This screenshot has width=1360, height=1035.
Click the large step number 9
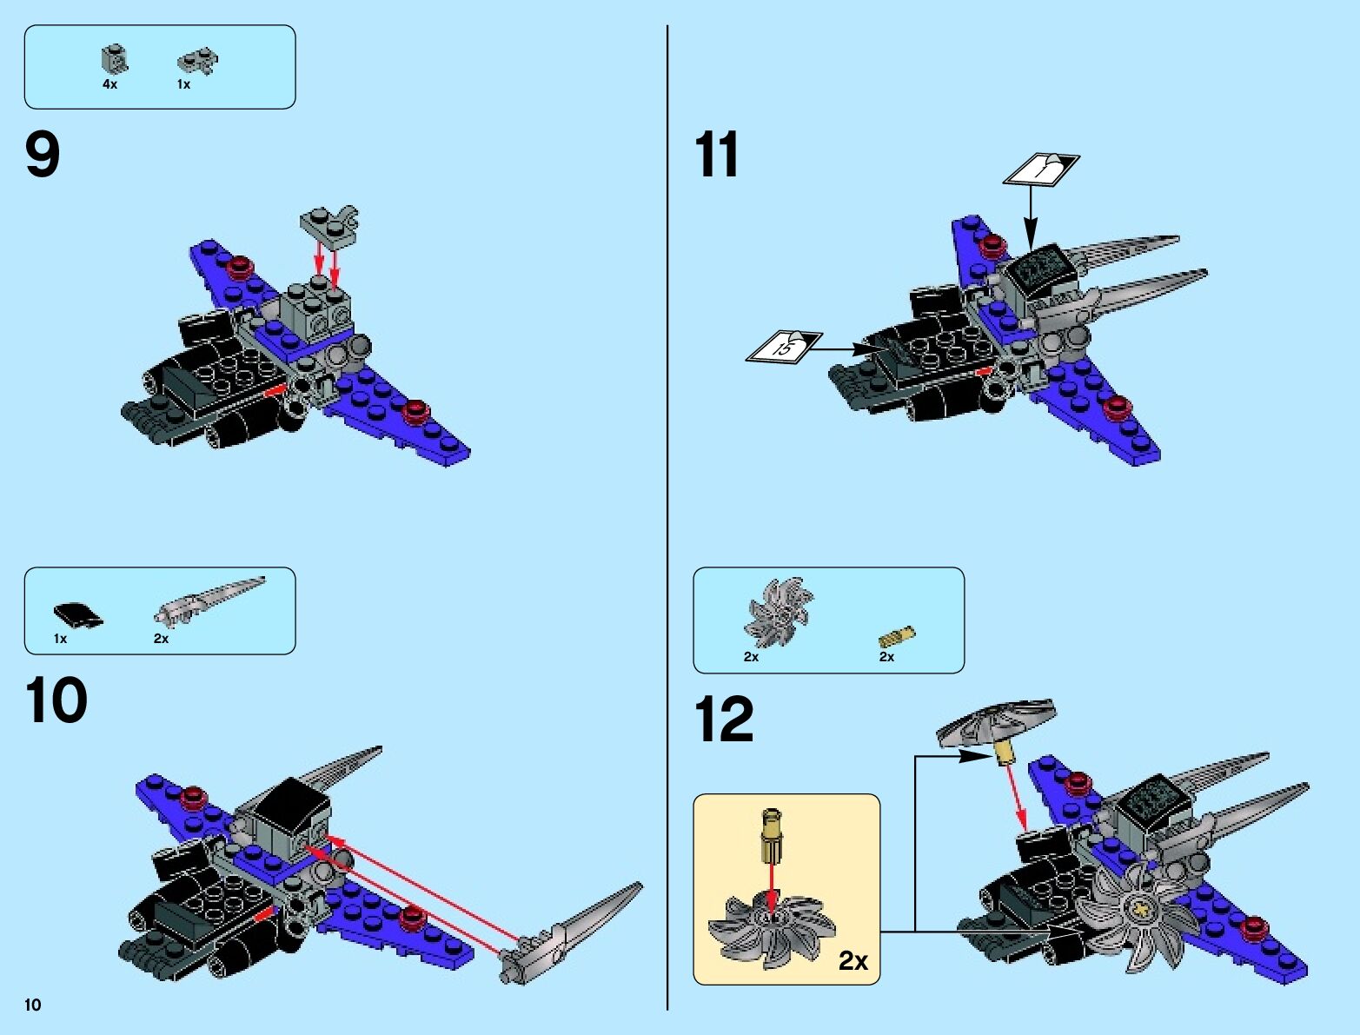pyautogui.click(x=43, y=155)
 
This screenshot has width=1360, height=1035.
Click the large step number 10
pyautogui.click(x=56, y=700)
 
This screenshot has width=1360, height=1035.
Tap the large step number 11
pyautogui.click(x=716, y=156)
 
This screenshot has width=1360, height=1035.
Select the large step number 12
pyautogui.click(x=723, y=720)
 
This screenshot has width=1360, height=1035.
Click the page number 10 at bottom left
pyautogui.click(x=33, y=1005)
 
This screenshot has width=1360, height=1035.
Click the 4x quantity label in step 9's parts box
pyautogui.click(x=109, y=85)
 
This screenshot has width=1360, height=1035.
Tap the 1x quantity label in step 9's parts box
pyautogui.click(x=183, y=85)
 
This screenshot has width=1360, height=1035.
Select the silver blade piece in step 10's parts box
pyautogui.click(x=209, y=599)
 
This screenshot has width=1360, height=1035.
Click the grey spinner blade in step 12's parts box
pyautogui.click(x=778, y=611)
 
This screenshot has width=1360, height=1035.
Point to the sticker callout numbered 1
pyautogui.click(x=1041, y=170)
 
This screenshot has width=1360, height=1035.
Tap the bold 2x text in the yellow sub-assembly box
pyautogui.click(x=853, y=960)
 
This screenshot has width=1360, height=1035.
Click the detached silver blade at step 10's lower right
pyautogui.click(x=569, y=934)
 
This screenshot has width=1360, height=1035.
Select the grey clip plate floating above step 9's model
pyautogui.click(x=331, y=224)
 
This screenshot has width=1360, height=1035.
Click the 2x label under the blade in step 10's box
pyautogui.click(x=161, y=639)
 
